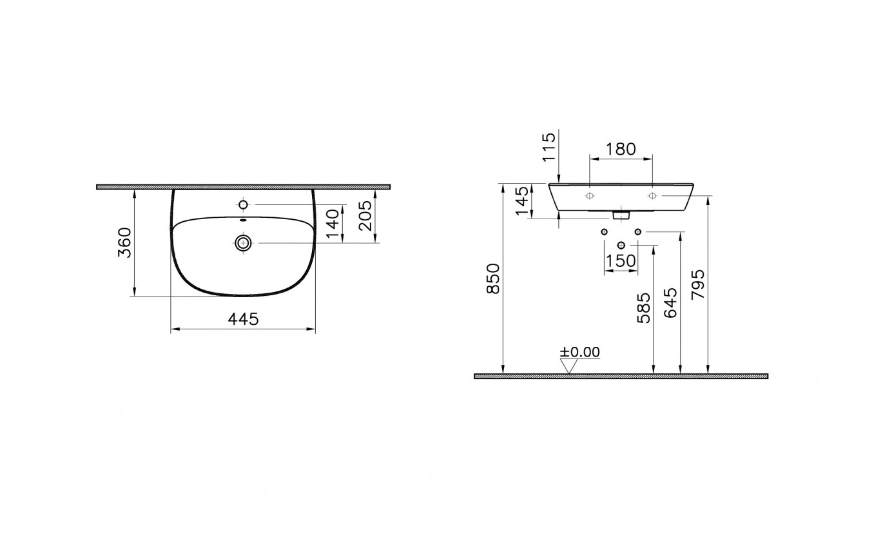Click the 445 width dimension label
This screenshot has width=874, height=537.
click(243, 319)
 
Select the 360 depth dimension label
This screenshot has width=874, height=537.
click(125, 242)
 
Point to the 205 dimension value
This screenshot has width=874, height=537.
click(365, 216)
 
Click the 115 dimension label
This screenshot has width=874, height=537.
click(549, 147)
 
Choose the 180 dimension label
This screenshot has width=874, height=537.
click(621, 149)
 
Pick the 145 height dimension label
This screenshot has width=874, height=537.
click(521, 201)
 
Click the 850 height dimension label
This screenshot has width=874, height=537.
click(493, 278)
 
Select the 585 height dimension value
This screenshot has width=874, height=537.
click(644, 308)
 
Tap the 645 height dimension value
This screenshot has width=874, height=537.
click(671, 303)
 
